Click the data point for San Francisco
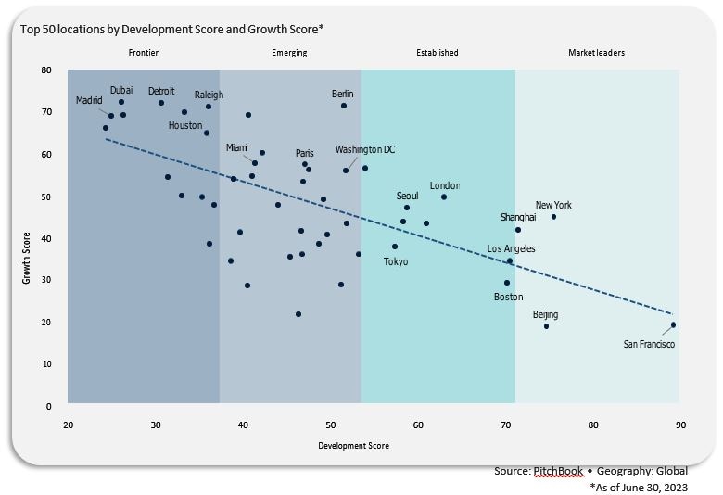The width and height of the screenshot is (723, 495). click(673, 325)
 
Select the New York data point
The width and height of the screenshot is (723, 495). click(554, 217)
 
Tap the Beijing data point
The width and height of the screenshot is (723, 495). click(546, 326)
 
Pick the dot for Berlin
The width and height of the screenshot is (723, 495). click(344, 106)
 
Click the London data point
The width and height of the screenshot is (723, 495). click(444, 197)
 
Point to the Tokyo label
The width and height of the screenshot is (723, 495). click(396, 261)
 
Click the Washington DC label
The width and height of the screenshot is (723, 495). click(365, 149)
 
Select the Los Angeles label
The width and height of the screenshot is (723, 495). click(512, 248)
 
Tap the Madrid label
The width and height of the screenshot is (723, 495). click(90, 100)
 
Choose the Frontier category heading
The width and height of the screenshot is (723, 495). click(144, 53)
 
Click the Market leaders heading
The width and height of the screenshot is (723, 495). click(596, 53)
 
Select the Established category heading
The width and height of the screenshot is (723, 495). click(438, 53)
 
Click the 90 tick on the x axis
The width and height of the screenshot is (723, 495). click(680, 425)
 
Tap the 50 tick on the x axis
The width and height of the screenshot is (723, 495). click(330, 425)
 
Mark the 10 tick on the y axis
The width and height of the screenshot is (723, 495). click(47, 364)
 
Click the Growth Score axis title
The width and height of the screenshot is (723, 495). click(27, 258)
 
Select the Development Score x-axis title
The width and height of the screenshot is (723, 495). click(353, 446)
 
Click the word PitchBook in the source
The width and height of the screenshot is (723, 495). click(553, 472)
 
